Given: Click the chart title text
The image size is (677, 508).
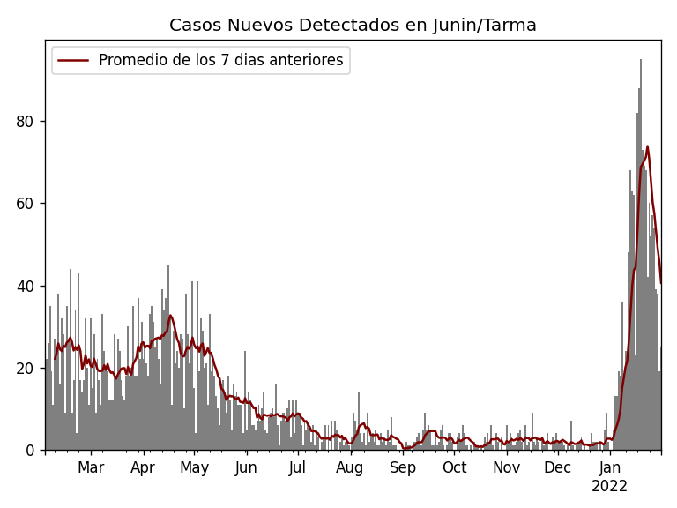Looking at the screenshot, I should tap(353, 26).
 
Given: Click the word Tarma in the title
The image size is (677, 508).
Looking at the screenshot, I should tap(510, 26).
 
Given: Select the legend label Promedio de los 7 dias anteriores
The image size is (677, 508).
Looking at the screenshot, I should tap(220, 61).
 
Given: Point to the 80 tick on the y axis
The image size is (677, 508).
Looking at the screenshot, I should tap(26, 121).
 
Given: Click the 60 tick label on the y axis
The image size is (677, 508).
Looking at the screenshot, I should tap(26, 204).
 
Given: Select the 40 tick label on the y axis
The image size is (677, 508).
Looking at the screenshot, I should tap(26, 286).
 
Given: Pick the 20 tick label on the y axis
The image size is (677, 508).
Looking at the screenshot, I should tap(26, 368).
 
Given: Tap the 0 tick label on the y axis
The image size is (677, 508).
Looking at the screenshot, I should tap(31, 451).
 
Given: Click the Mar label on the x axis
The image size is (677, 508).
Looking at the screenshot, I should tap(91, 468).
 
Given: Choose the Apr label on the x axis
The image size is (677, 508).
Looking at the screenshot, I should tap(143, 468).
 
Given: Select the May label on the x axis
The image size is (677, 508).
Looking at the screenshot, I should tap(194, 468).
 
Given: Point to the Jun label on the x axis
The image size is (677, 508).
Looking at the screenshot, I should tap(246, 468).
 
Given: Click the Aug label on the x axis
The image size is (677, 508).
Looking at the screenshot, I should tap(350, 468).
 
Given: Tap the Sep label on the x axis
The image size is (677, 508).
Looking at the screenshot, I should tap(403, 468).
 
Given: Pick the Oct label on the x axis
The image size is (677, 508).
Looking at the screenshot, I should tap(454, 468).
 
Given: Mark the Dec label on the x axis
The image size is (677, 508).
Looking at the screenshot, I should tap(558, 468).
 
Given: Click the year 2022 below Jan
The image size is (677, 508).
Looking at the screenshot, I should tap(609, 487).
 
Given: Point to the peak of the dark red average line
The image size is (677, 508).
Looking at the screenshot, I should tap(647, 146).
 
